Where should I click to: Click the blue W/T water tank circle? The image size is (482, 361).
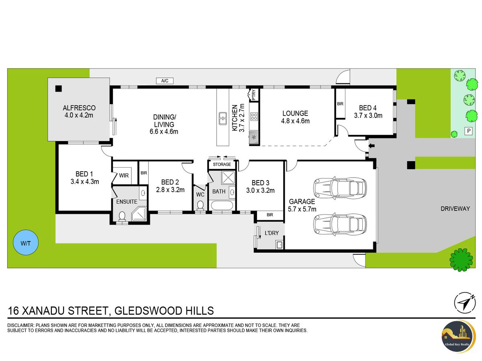click(x=26, y=242)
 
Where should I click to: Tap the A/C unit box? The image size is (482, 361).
click(x=164, y=81)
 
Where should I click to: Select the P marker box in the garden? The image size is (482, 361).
click(x=469, y=131)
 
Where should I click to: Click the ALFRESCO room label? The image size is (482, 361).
click(x=79, y=108)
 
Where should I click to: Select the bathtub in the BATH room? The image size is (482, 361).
click(x=222, y=205)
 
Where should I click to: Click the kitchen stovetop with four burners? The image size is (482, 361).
click(x=254, y=116)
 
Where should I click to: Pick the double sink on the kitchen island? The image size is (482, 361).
click(x=223, y=118)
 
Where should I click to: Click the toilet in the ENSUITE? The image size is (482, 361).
click(x=122, y=216)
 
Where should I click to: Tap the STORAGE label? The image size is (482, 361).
click(x=222, y=164)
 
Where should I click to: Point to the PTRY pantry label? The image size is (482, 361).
click(x=254, y=95)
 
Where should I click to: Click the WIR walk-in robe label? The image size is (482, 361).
click(x=124, y=175)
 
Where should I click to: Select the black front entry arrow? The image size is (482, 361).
click(x=371, y=146)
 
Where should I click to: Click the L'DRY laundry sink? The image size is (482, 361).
click(x=279, y=245)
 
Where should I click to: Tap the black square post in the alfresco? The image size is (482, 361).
click(x=58, y=89)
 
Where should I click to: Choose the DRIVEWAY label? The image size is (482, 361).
click(x=455, y=209)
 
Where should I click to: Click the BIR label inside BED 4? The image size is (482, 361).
click(x=340, y=103)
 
